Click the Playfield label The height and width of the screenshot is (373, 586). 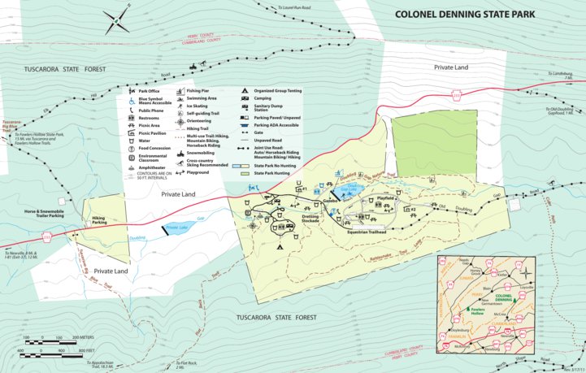[x=385, y=197]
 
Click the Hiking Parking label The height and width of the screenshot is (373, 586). [x=99, y=220]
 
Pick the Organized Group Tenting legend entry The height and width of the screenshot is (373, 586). [x=276, y=91]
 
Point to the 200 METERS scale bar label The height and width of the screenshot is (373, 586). [x=86, y=337]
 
